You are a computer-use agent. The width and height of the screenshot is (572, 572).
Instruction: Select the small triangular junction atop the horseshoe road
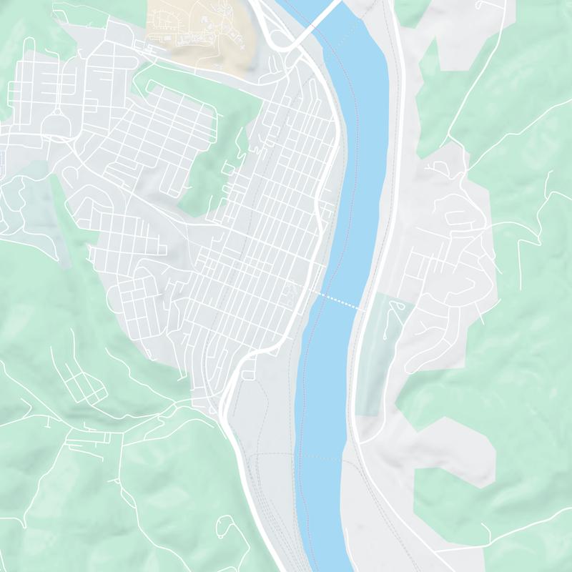pyautogui.click(x=54, y=114)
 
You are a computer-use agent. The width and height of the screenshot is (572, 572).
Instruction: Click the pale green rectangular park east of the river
pyautogui.click(x=383, y=357)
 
